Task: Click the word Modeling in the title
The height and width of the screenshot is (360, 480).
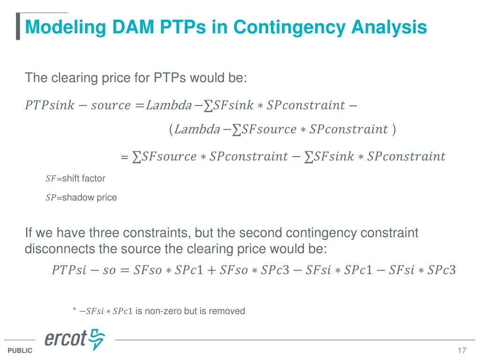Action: pyautogui.click(x=65, y=27)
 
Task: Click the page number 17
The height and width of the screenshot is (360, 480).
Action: pyautogui.click(x=462, y=351)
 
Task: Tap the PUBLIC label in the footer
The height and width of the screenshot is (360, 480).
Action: pyautogui.click(x=20, y=351)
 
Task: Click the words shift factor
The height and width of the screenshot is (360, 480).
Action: pyautogui.click(x=83, y=179)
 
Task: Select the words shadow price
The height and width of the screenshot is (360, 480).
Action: pyautogui.click(x=89, y=198)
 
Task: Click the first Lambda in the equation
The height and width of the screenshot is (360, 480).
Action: pyautogui.click(x=169, y=105)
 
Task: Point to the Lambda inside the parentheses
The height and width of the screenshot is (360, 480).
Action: pyautogui.click(x=196, y=129)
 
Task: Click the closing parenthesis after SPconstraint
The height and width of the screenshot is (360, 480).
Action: pyautogui.click(x=394, y=129)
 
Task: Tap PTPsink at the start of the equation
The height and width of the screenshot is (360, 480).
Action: pyautogui.click(x=49, y=105)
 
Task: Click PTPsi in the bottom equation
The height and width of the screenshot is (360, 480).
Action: pyautogui.click(x=69, y=270)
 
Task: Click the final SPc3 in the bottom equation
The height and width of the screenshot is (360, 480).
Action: pyautogui.click(x=442, y=270)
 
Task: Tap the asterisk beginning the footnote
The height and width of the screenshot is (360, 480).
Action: pyautogui.click(x=75, y=310)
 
